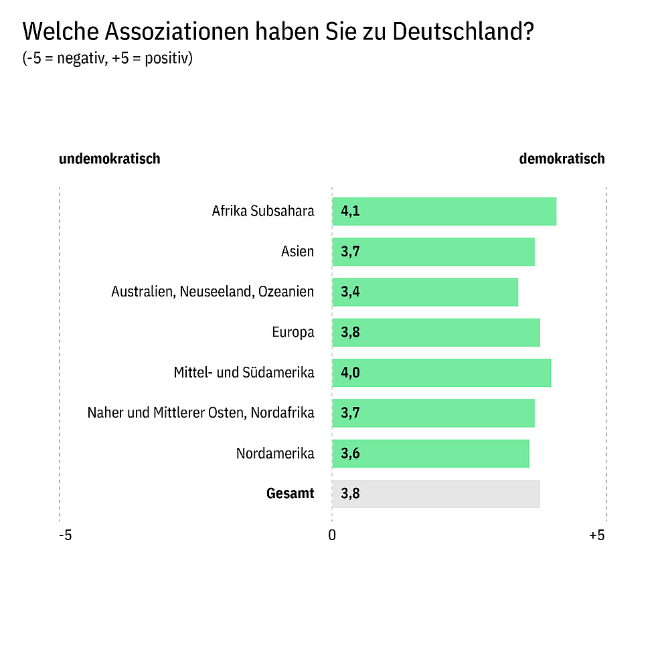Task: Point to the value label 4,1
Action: (350, 212)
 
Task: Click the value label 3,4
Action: (350, 293)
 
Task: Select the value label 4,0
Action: (350, 373)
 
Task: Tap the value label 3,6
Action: (350, 454)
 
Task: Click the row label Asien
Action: (297, 252)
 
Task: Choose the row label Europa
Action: (293, 332)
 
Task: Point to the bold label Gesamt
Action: (290, 494)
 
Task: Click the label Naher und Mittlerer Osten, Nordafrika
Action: (201, 412)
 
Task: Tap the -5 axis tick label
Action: (65, 535)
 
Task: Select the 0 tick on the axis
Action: (332, 535)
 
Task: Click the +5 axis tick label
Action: (596, 535)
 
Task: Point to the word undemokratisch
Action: (109, 159)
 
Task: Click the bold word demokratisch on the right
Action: (562, 159)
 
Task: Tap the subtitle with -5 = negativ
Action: (108, 58)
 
